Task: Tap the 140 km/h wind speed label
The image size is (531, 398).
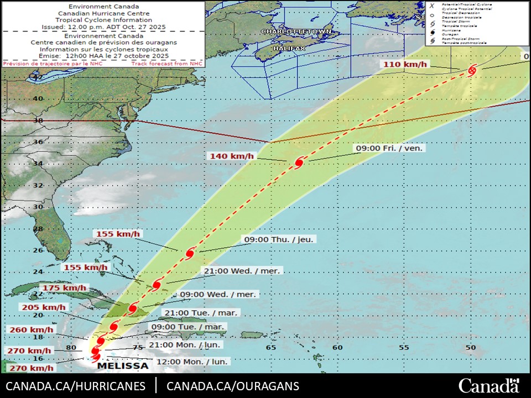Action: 232,156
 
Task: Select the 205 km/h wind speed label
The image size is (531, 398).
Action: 43,307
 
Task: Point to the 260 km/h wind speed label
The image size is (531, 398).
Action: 31,330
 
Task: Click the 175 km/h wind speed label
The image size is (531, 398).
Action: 65,287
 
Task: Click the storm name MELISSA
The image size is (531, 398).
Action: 123,365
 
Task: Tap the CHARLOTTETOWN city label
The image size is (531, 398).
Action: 296,32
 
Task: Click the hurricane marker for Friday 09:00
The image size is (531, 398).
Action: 299,163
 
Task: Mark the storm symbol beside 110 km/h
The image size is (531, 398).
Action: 472,70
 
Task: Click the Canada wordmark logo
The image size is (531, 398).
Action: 489,385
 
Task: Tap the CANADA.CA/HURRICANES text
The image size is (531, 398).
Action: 76,386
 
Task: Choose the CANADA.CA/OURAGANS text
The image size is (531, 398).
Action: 233,386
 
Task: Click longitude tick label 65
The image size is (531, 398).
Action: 271,348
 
